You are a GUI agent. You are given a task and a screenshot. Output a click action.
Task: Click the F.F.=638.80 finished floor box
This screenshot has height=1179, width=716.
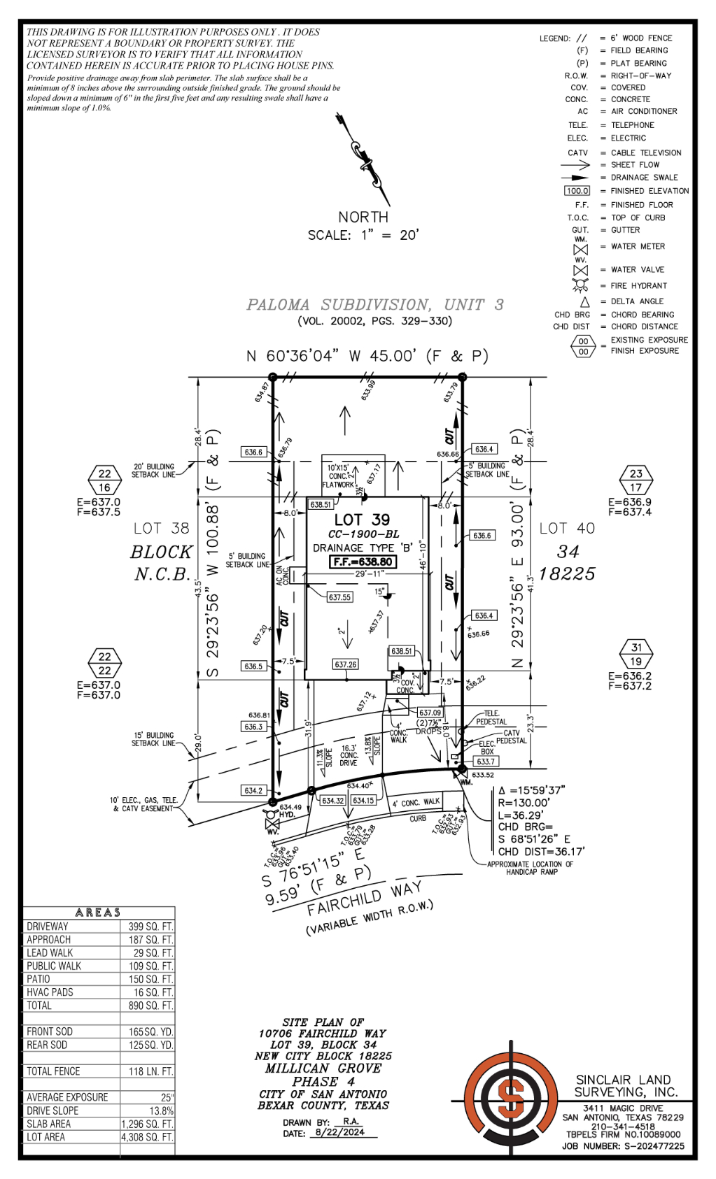click(363, 562)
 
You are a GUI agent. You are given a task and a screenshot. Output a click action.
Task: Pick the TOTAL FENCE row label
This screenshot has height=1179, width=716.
click(53, 1071)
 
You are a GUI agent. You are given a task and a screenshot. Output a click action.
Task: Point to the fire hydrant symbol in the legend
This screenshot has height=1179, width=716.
click(580, 285)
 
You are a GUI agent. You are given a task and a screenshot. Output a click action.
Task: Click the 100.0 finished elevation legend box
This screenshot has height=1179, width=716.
click(577, 190)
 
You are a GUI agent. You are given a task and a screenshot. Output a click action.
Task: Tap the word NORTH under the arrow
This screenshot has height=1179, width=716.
click(363, 217)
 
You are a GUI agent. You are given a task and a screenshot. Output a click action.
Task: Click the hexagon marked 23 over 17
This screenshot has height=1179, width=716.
click(636, 480)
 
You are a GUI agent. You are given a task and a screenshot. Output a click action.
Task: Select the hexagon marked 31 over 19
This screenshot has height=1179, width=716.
click(636, 654)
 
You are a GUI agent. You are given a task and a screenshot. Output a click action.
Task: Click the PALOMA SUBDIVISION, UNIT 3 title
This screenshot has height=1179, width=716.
click(374, 305)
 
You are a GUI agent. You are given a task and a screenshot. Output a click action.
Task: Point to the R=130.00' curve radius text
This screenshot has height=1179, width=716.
click(524, 803)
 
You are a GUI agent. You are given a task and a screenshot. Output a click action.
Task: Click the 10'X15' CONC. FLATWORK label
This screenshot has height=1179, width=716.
click(339, 476)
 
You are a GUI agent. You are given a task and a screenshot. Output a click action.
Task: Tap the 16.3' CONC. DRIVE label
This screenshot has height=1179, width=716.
click(349, 755)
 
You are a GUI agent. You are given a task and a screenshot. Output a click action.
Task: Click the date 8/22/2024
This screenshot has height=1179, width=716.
click(339, 1132)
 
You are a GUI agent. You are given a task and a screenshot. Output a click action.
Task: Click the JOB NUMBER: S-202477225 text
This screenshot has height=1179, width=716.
click(622, 1146)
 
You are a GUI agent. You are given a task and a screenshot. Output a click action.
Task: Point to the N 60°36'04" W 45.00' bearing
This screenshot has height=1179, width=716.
click(367, 356)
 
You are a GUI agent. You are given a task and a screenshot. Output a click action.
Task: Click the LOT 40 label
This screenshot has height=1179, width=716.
click(567, 529)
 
